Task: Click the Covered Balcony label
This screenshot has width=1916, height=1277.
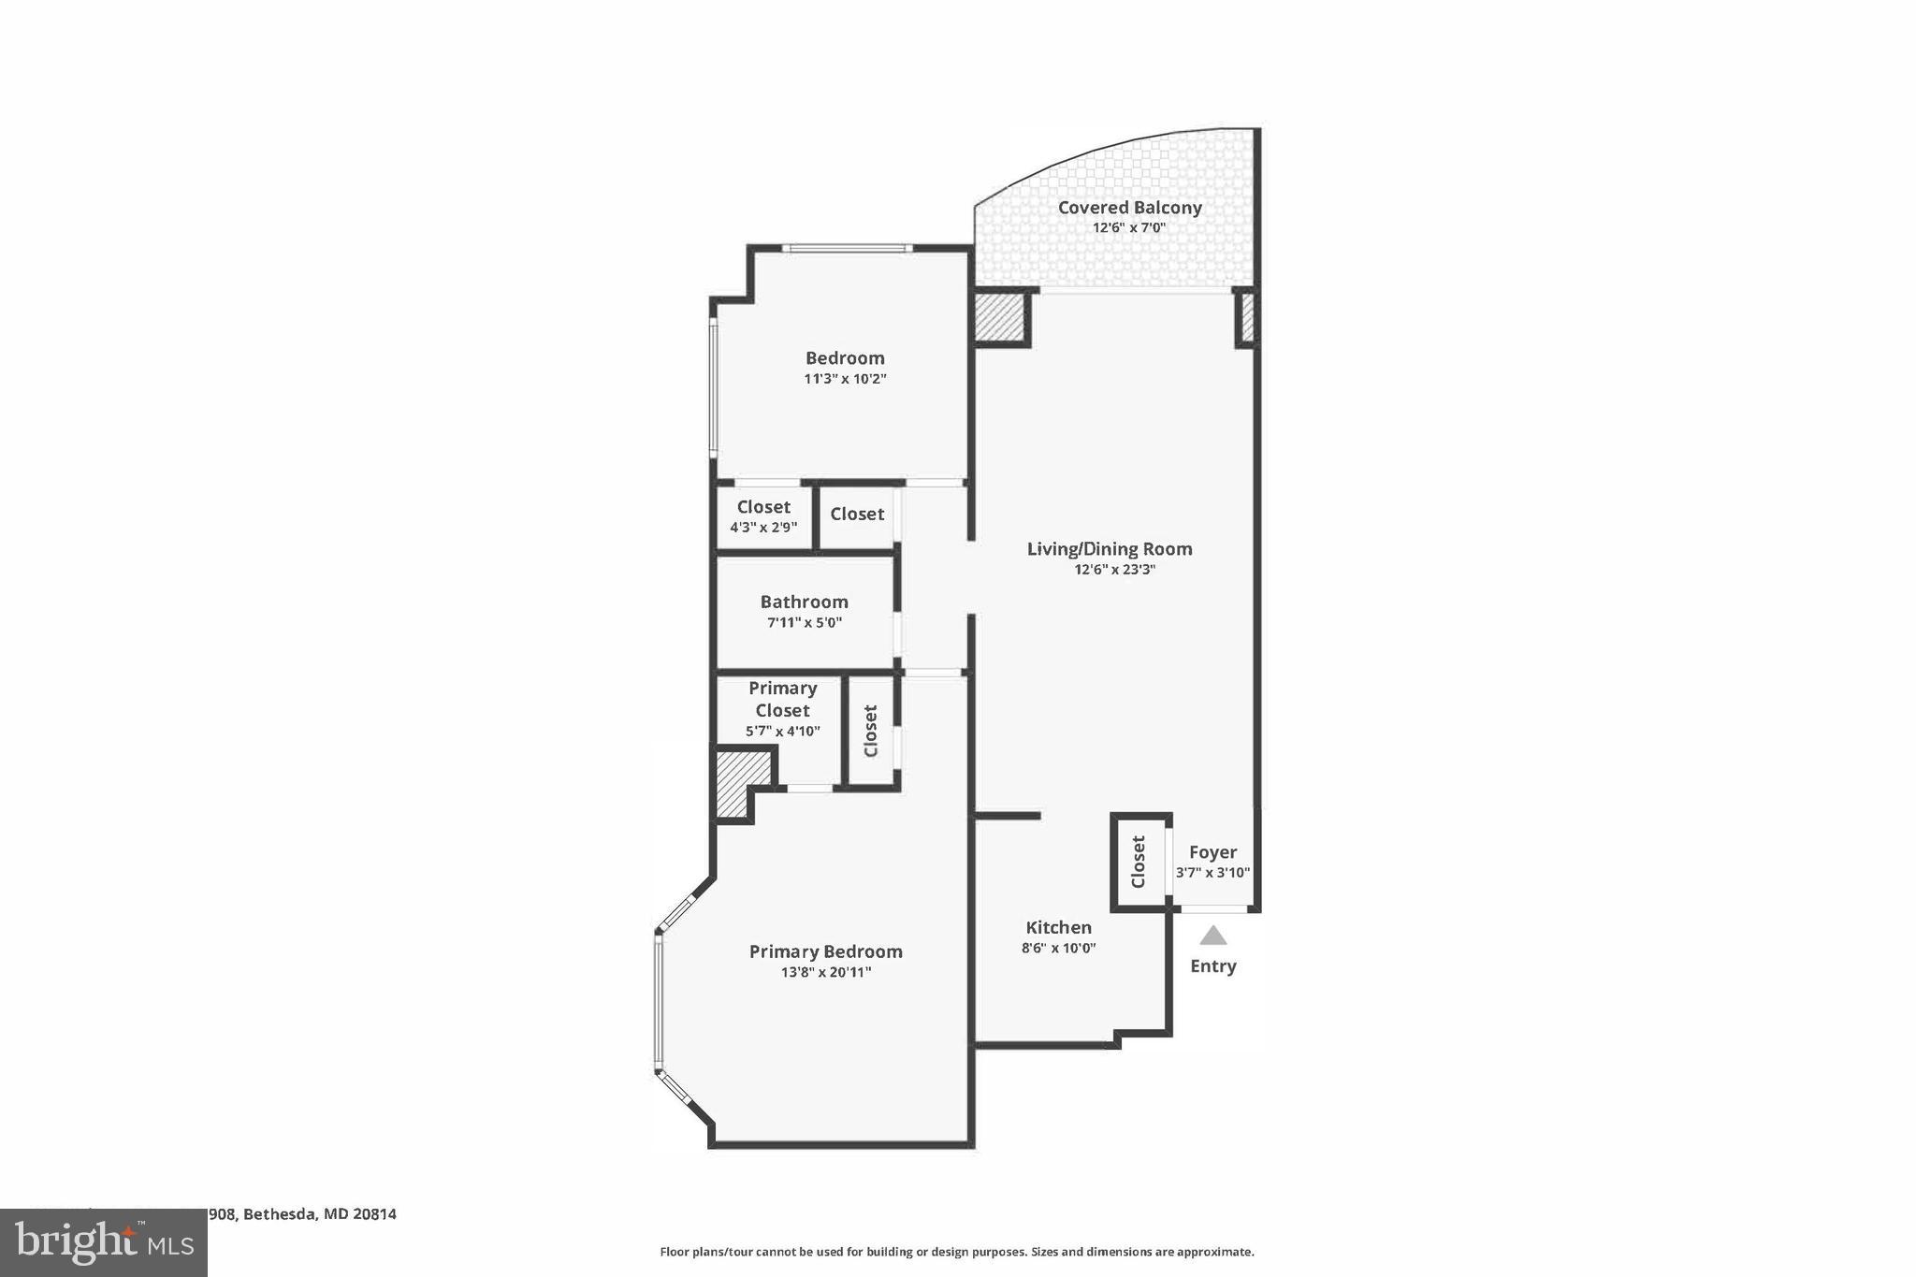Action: click(x=1129, y=208)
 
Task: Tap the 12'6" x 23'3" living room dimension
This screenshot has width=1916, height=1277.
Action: click(x=1114, y=569)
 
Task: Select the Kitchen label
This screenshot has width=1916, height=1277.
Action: click(x=1058, y=927)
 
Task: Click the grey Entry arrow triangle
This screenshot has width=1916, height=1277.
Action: click(x=1212, y=936)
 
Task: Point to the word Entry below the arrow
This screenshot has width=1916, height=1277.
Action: click(x=1212, y=966)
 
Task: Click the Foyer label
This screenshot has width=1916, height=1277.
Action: click(x=1212, y=852)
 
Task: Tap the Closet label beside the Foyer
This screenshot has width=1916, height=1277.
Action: click(x=1139, y=862)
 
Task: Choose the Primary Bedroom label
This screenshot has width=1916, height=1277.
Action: click(x=825, y=951)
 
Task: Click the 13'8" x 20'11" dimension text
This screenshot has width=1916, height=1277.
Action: click(x=825, y=972)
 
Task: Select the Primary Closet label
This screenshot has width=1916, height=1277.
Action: click(x=782, y=699)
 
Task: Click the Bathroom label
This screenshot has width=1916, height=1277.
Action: click(x=804, y=602)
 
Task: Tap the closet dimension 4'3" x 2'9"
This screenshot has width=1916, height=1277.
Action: click(x=763, y=528)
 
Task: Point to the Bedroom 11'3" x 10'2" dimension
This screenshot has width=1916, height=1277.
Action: click(x=845, y=379)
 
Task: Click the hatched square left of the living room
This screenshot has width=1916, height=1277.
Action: click(x=1000, y=318)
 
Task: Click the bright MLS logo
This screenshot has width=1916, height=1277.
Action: click(x=103, y=1243)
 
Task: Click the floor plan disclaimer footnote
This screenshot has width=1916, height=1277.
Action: click(x=956, y=1252)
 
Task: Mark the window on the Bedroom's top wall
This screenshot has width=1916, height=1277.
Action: click(x=847, y=248)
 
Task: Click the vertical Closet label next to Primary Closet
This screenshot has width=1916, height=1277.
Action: click(x=871, y=731)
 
